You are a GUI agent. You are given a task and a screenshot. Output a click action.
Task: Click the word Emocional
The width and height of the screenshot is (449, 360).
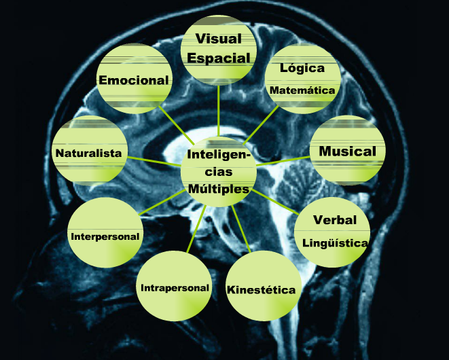click(134, 80)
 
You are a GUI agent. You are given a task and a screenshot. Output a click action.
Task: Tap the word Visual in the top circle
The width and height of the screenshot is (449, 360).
click(219, 39)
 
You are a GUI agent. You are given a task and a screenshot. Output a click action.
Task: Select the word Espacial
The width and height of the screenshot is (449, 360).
click(219, 58)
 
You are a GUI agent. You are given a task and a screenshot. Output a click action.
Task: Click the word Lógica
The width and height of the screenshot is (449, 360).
click(302, 69)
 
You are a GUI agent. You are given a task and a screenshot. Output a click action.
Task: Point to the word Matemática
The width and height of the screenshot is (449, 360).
click(302, 90)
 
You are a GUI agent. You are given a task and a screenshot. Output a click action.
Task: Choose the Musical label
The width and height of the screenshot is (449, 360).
click(347, 151)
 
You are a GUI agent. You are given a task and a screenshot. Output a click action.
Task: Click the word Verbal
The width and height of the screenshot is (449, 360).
click(335, 220)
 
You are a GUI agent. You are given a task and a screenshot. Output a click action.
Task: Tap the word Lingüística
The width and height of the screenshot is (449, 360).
click(335, 242)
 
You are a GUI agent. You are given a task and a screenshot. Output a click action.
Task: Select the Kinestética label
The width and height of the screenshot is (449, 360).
click(262, 290)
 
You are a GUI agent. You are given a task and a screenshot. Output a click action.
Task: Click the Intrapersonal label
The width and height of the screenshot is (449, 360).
click(175, 288)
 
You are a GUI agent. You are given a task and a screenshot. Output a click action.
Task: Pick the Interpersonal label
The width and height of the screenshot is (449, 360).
click(105, 236)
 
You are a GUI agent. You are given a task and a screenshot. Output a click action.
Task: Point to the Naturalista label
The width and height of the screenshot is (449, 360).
click(89, 153)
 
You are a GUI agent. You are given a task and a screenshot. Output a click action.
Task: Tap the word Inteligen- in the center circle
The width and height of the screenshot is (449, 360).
click(219, 156)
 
